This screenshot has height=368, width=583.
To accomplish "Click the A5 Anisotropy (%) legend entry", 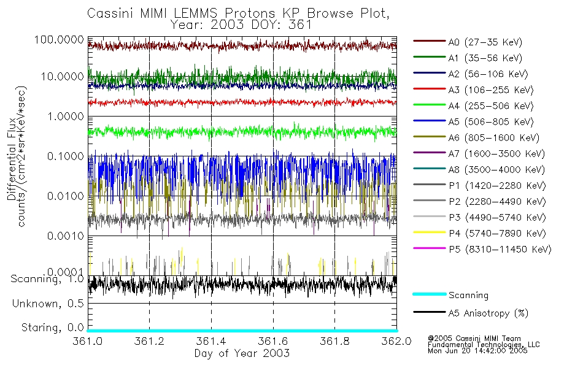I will (x=488, y=313).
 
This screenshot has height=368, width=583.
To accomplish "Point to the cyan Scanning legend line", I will (x=429, y=294).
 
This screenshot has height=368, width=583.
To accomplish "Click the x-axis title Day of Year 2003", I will (x=242, y=353).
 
